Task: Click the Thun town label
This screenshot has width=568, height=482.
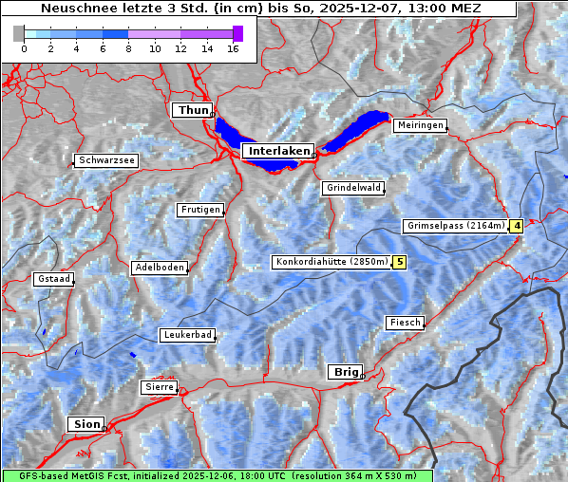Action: [x=193, y=111]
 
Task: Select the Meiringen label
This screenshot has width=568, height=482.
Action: [x=419, y=125]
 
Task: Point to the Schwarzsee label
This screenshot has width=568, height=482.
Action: [x=106, y=160]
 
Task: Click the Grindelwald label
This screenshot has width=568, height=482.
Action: [x=353, y=188]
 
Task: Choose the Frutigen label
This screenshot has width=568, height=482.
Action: [x=199, y=210]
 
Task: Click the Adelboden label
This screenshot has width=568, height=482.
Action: [x=159, y=268]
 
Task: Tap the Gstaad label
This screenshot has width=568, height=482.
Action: [x=53, y=279]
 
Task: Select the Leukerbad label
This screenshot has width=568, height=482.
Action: [x=186, y=335]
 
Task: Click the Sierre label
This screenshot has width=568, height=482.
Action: [x=159, y=387]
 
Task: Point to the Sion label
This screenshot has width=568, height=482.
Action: [x=85, y=424]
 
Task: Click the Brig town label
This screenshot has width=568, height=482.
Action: [x=344, y=372]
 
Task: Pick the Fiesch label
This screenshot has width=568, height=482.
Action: [x=405, y=323]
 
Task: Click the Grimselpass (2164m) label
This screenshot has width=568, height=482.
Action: [x=455, y=226]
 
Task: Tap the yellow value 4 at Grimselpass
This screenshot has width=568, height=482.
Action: [x=517, y=226]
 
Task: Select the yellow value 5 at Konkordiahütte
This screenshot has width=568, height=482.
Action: [x=400, y=262]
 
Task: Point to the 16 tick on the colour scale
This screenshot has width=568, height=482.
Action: [x=233, y=47]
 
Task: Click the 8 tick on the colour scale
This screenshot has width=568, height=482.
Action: [x=128, y=47]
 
